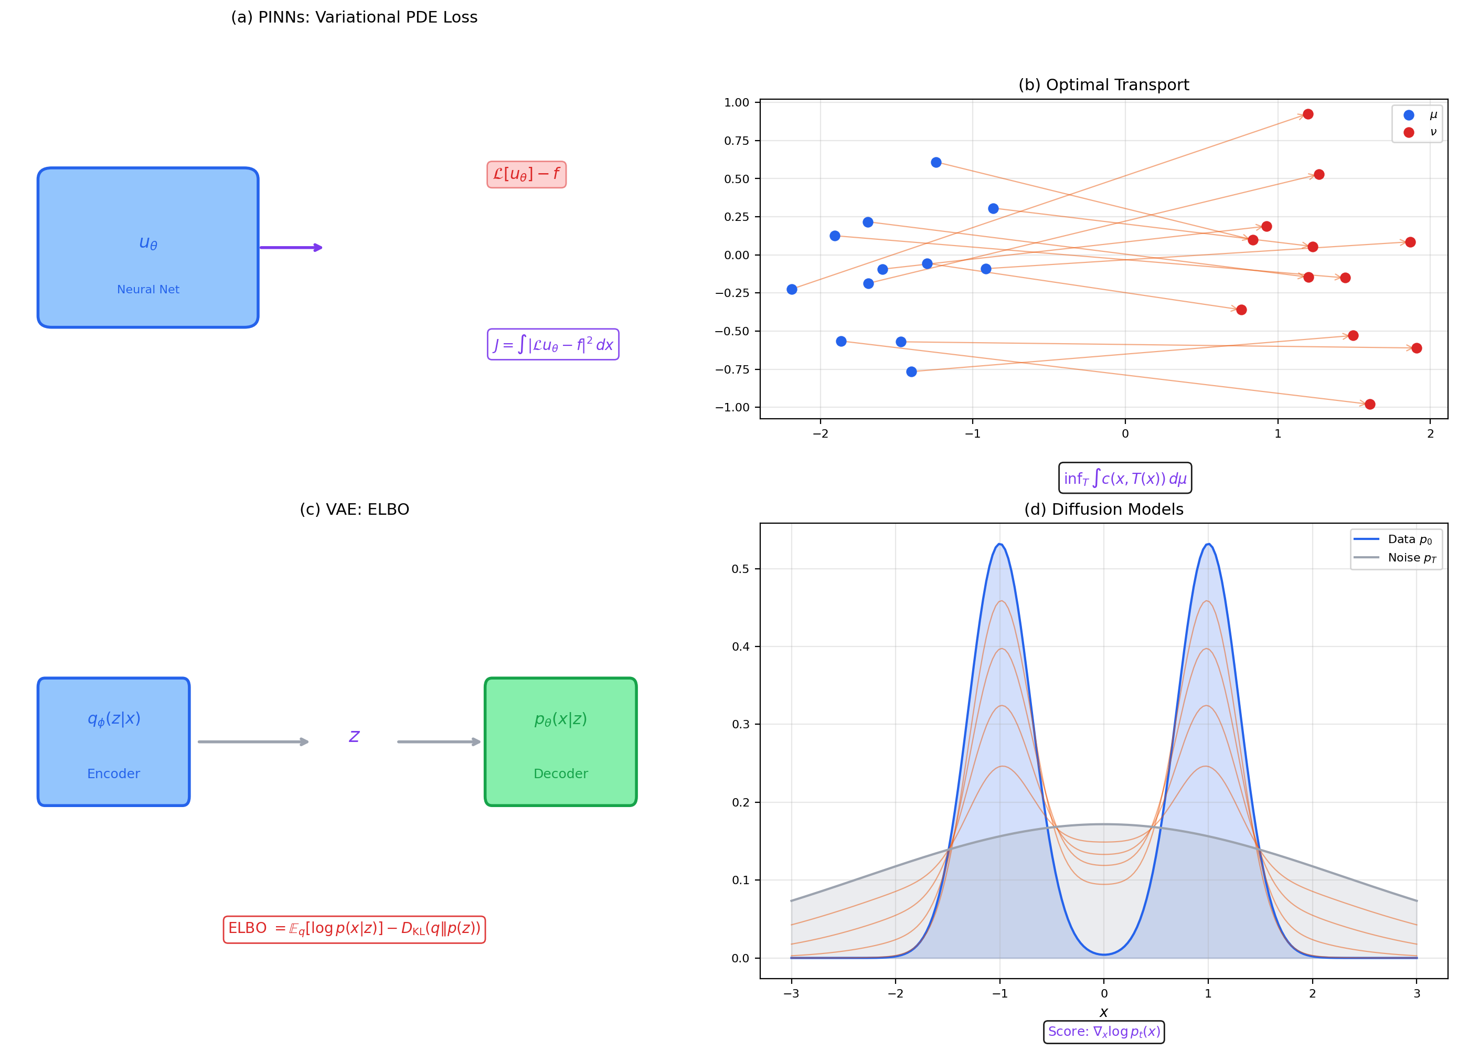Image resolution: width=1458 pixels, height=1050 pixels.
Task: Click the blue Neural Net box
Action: [148, 248]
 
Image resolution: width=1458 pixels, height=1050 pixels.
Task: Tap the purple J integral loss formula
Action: [553, 345]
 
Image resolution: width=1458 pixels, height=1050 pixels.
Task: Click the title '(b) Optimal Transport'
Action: [1103, 85]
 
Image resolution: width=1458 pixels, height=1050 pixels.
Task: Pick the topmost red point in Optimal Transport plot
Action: [1307, 114]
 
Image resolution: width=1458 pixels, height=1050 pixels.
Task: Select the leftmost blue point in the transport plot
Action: [792, 289]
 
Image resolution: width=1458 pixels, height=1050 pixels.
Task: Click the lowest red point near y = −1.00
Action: [1370, 405]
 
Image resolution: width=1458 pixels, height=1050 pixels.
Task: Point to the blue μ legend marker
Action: [1409, 115]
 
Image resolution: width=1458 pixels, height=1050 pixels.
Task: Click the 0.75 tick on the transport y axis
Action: [737, 141]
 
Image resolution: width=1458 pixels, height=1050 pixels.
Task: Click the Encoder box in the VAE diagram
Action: [114, 741]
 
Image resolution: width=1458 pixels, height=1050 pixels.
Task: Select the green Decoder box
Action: [560, 741]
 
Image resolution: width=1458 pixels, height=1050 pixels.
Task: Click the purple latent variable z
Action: [354, 736]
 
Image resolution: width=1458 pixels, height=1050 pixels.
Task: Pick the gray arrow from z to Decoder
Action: [439, 742]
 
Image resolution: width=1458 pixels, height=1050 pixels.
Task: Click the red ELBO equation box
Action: [354, 929]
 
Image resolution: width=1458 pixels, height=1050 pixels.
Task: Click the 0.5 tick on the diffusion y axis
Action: [741, 569]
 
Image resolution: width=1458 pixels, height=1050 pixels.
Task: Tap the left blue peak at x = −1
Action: [999, 545]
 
